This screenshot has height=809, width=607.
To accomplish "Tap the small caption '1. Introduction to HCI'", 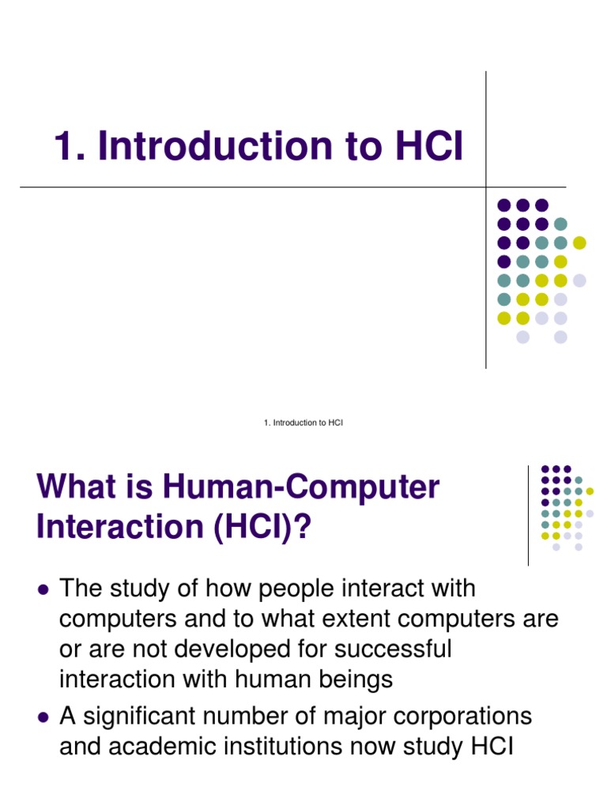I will [303, 423].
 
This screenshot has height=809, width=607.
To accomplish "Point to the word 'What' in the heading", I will [69, 487].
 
